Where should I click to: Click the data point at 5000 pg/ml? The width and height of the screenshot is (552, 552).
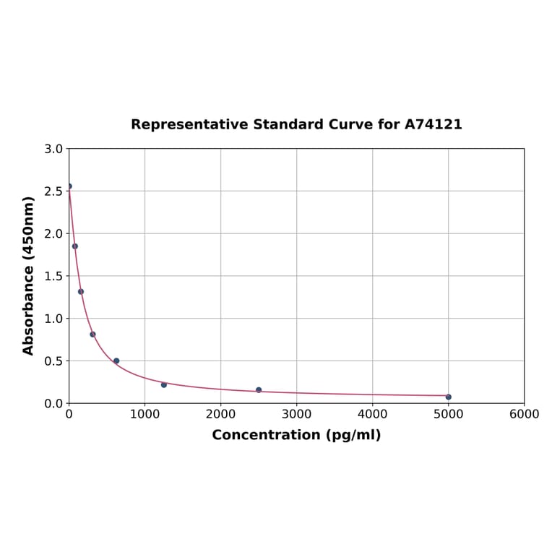tap(448, 397)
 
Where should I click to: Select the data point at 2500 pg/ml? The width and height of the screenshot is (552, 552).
tap(259, 390)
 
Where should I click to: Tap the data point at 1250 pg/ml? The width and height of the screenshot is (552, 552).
tap(164, 384)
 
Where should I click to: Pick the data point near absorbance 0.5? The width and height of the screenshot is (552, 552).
tap(116, 361)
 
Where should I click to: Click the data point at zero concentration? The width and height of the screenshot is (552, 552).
tap(69, 186)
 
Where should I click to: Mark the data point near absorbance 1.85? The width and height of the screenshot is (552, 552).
tap(75, 246)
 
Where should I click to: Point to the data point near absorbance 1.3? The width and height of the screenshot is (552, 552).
tap(81, 292)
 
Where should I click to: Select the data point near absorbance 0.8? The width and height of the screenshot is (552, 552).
tap(92, 335)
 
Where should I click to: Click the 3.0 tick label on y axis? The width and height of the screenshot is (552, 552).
tap(53, 149)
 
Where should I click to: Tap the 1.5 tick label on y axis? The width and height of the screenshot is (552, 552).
tap(53, 276)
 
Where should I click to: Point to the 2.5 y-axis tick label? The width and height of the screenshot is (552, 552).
tap(53, 191)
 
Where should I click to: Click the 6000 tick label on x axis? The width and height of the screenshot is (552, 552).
tap(524, 414)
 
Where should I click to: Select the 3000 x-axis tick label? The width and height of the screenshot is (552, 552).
tap(296, 414)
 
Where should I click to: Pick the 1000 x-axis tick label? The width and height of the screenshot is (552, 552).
tap(145, 414)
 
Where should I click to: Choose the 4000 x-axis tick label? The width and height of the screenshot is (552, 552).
tap(372, 414)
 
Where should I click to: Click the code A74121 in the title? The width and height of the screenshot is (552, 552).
tap(433, 125)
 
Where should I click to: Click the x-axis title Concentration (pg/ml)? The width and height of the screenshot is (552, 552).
tap(296, 435)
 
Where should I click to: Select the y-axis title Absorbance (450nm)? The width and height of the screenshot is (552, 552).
tap(29, 275)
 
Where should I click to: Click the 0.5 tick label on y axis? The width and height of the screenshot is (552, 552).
tap(53, 361)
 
